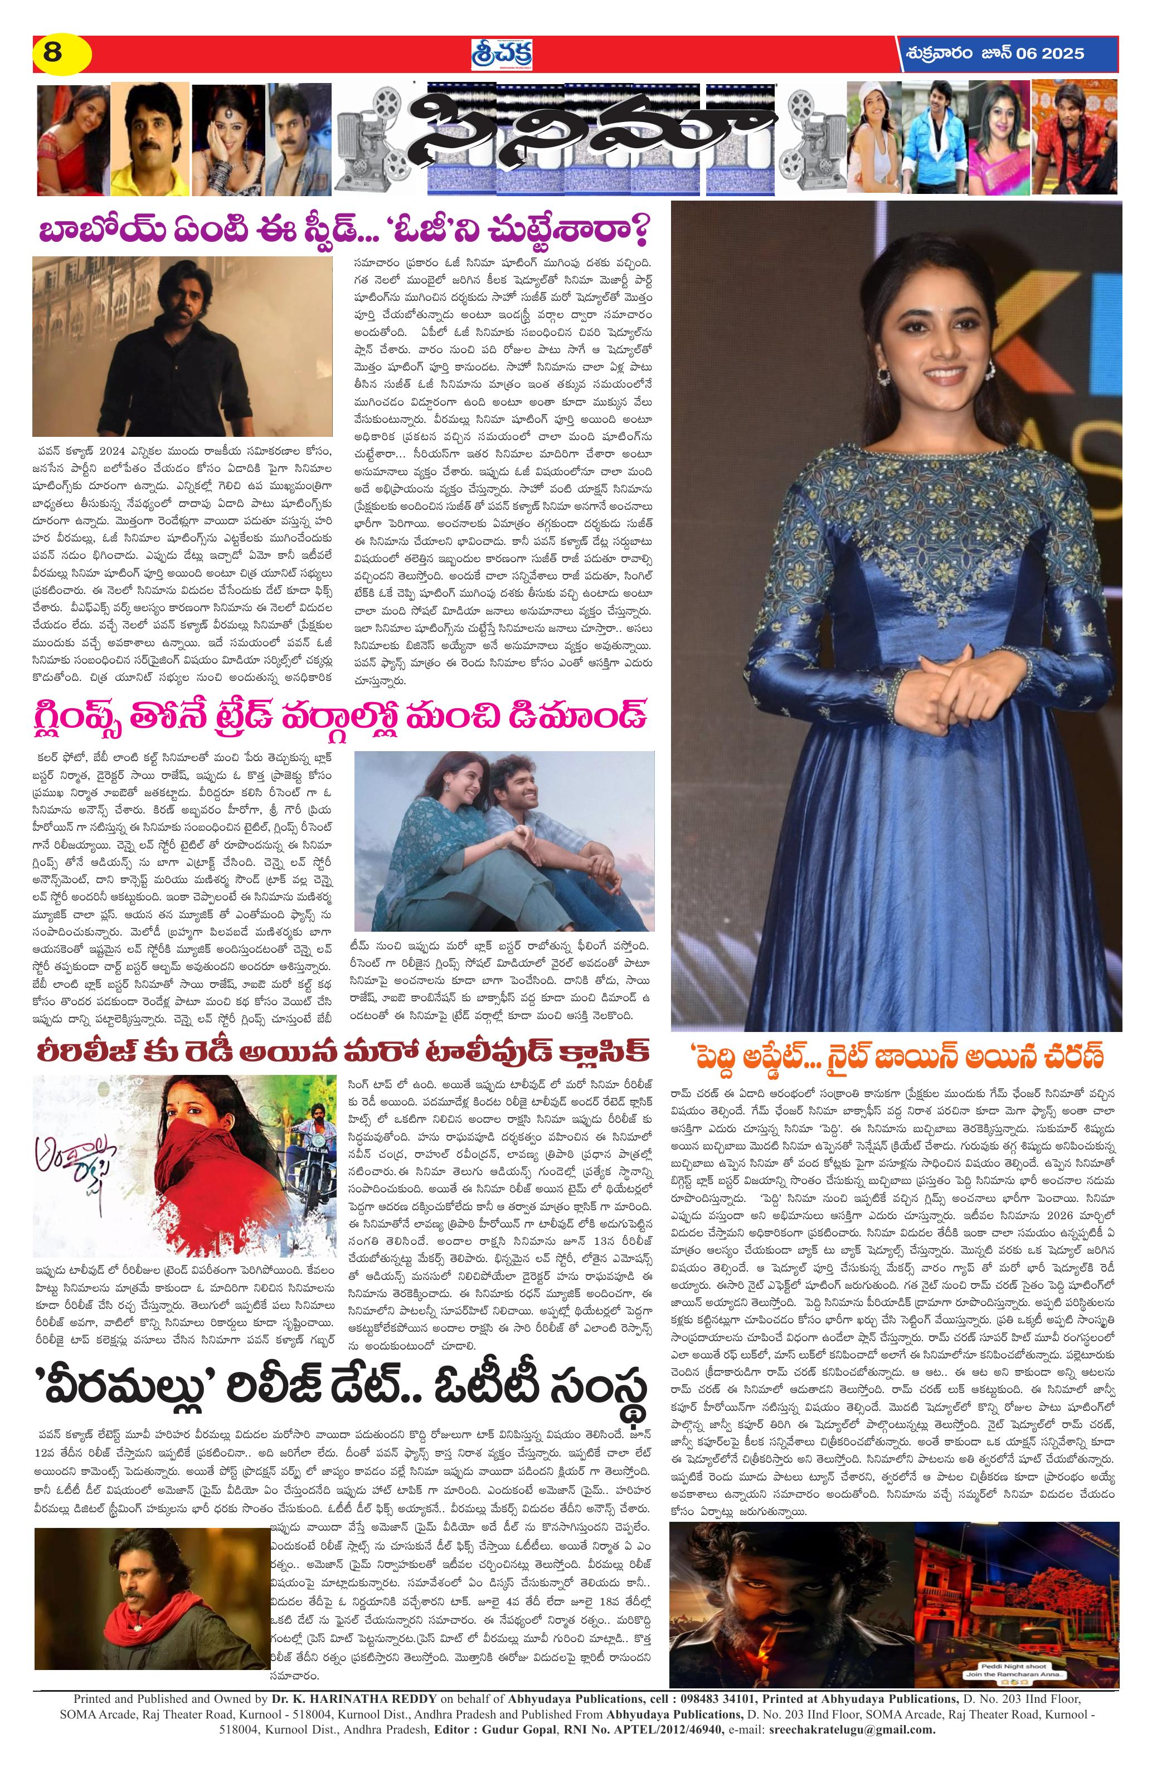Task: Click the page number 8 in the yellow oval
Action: (52, 53)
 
